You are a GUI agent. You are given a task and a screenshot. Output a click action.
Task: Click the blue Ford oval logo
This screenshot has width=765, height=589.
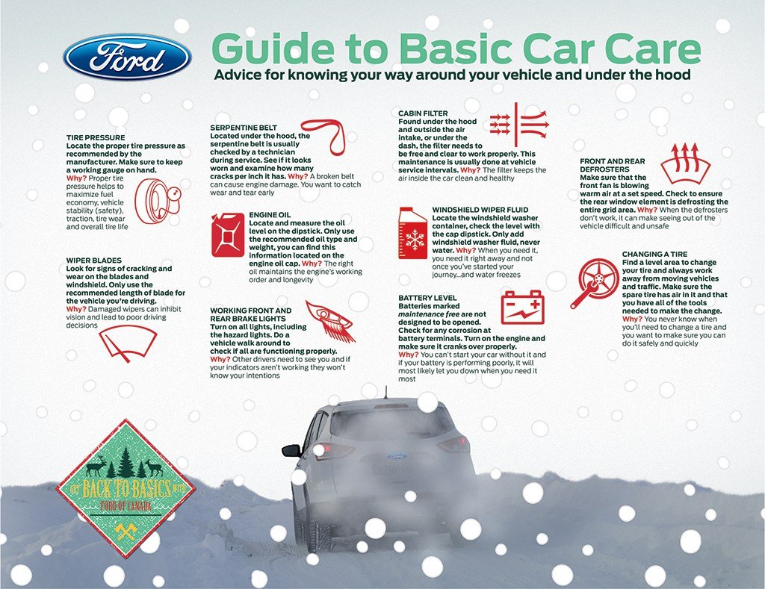tap(127, 57)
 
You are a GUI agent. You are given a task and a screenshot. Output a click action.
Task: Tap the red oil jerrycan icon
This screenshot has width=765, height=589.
tap(228, 235)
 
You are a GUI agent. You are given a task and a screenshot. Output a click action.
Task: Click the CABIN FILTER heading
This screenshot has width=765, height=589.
tap(423, 113)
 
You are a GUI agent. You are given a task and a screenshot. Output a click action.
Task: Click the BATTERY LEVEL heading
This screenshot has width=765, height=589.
tap(428, 298)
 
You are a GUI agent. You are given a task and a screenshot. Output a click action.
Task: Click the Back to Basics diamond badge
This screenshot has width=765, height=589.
tap(126, 490)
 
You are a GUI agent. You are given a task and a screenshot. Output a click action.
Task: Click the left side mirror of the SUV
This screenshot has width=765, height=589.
tap(291, 450)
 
